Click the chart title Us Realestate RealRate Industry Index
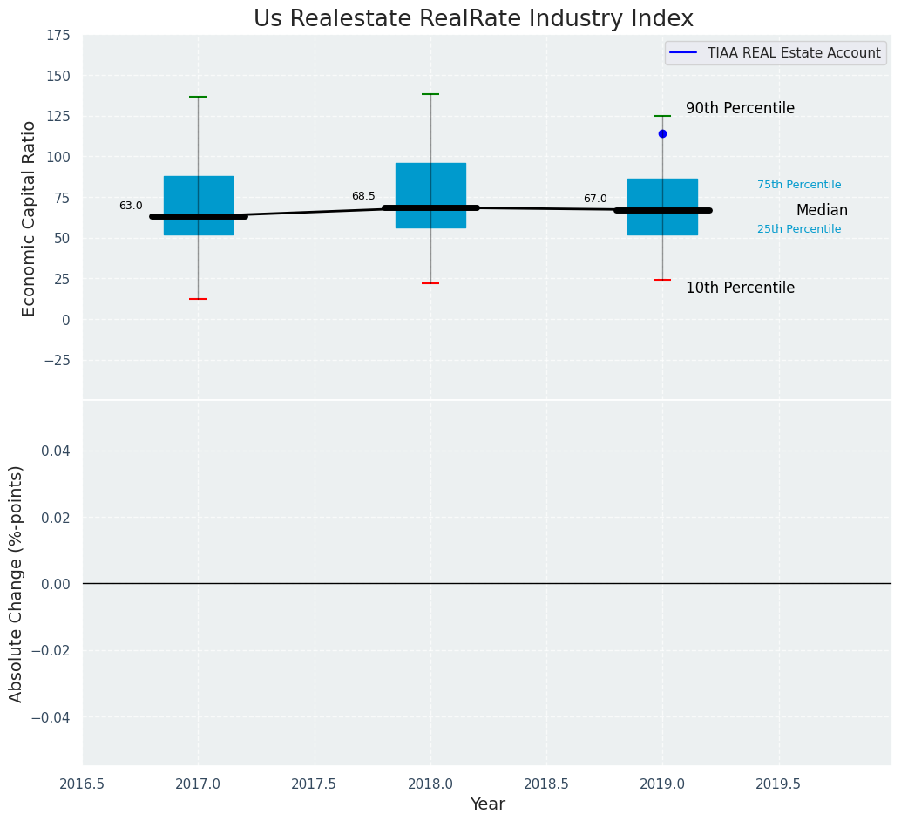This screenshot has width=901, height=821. click(x=473, y=19)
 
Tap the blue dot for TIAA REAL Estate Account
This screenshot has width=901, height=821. click(x=662, y=133)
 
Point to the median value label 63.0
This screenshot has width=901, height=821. click(x=131, y=207)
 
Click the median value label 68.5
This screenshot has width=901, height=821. click(x=363, y=197)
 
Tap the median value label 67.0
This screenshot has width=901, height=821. click(x=595, y=200)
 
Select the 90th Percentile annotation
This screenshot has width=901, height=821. click(x=740, y=109)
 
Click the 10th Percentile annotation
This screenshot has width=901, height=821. click(x=740, y=288)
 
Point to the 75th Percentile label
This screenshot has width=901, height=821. click(x=799, y=185)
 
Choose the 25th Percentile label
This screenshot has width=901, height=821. click(x=799, y=229)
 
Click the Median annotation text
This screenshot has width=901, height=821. click(x=822, y=211)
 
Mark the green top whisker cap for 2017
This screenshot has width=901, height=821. click(x=198, y=97)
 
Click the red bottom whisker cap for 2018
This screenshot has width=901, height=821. click(x=430, y=283)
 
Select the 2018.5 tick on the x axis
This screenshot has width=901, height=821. click(x=546, y=784)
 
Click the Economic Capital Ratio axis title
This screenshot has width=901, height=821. click(x=30, y=218)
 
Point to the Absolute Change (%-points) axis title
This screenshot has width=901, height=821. click(x=17, y=583)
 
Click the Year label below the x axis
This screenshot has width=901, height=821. click(x=487, y=804)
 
